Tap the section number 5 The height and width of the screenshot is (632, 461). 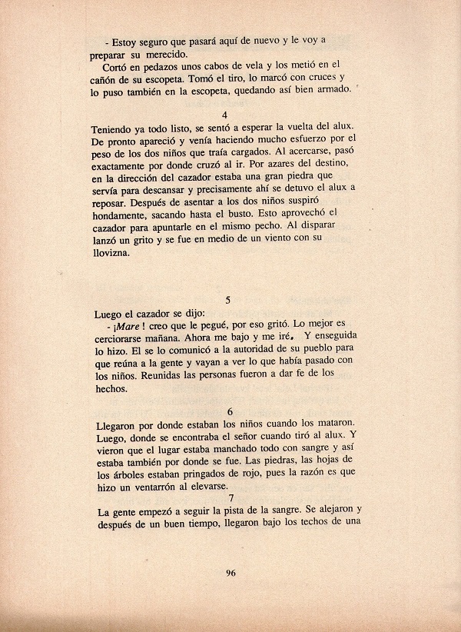[x=230, y=299]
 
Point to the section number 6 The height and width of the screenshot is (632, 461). [x=230, y=411]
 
